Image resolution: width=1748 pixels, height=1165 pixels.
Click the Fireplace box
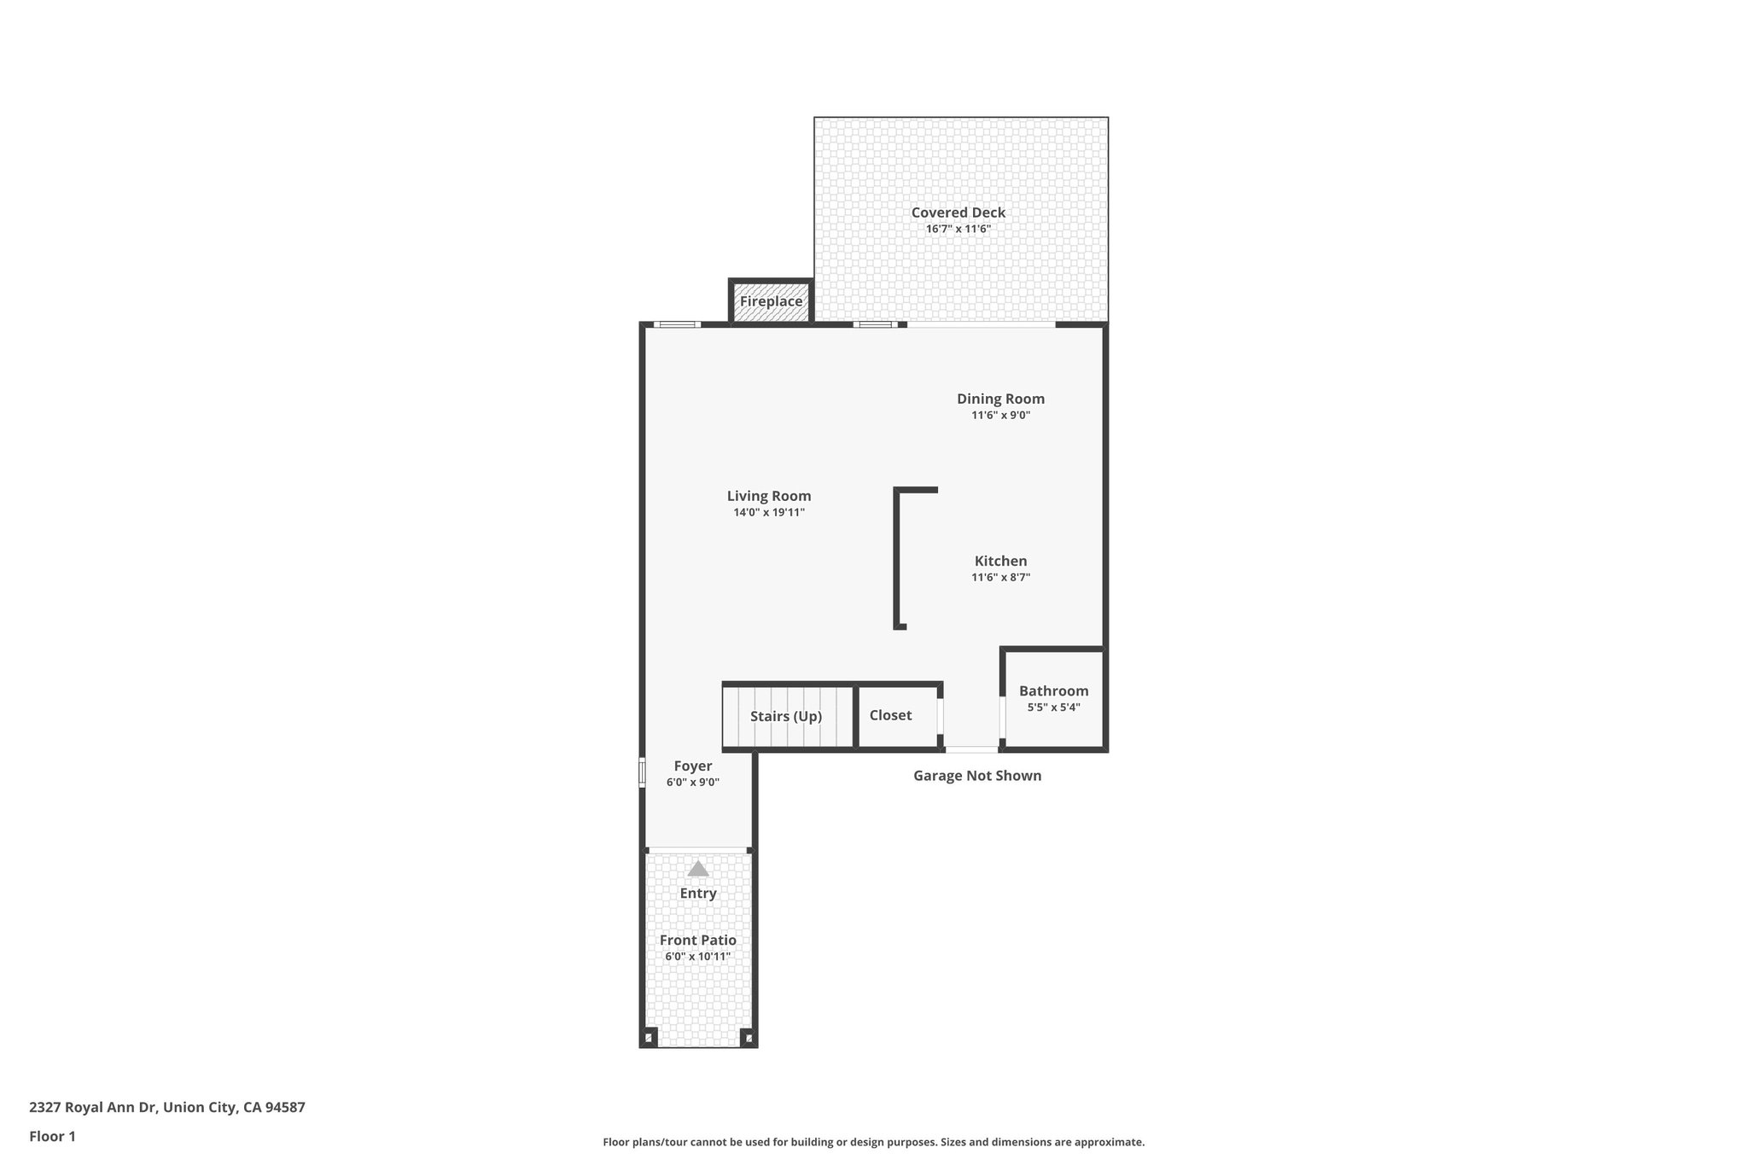[x=771, y=302]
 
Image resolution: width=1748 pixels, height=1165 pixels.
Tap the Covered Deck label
[x=958, y=213]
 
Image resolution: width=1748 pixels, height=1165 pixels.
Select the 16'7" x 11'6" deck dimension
[x=958, y=229]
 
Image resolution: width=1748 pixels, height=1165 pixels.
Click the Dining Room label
[x=1000, y=399]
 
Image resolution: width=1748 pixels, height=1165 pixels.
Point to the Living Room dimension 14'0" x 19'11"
[x=769, y=513]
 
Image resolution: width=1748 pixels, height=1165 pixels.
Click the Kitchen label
[x=1000, y=561]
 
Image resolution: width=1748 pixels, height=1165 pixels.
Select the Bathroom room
[x=1053, y=698]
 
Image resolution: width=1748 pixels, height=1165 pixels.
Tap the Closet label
[x=890, y=715]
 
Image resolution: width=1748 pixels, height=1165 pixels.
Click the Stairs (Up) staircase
[x=786, y=716]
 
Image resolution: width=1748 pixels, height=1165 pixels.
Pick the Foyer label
[x=692, y=766]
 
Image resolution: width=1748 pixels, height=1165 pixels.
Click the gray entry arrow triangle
[x=698, y=869]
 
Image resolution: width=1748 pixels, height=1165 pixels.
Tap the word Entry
[x=698, y=894]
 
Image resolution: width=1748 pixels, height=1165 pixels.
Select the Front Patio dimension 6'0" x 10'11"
[x=698, y=957]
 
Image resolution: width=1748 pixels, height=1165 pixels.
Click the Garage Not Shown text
[x=977, y=776]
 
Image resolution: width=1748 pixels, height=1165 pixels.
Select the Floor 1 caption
[x=52, y=1137]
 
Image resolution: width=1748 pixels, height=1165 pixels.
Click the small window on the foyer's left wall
[x=642, y=772]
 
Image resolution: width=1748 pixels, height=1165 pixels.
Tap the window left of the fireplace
[x=678, y=324]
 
